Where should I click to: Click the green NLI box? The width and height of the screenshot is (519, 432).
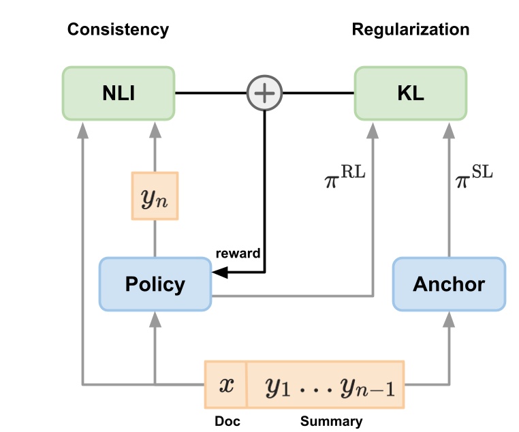point(119,93)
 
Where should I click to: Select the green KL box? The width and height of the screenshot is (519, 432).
point(410,93)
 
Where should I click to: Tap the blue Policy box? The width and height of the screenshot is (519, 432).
point(155,283)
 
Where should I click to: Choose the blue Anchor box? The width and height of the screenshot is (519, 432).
point(449,283)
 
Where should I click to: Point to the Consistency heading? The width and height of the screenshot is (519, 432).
point(118,29)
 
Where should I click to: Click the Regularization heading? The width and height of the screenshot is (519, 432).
point(410,29)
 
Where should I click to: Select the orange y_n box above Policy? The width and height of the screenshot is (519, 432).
point(155,196)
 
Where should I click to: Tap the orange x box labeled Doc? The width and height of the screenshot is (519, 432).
point(225,385)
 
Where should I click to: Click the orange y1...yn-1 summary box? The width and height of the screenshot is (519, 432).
point(325,386)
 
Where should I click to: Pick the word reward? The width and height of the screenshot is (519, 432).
point(238,253)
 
